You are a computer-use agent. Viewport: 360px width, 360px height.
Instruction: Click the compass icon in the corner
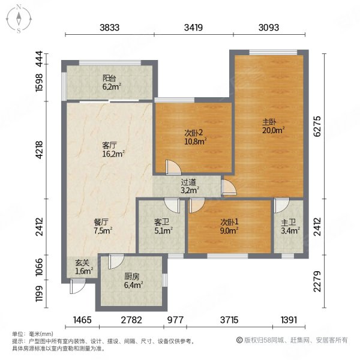[19, 19]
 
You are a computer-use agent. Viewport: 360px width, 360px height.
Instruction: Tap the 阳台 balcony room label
[109, 78]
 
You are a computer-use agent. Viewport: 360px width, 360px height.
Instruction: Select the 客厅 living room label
[109, 145]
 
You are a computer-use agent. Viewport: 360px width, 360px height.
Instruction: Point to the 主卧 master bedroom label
[268, 122]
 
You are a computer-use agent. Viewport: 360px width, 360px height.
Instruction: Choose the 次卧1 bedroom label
[227, 221]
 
